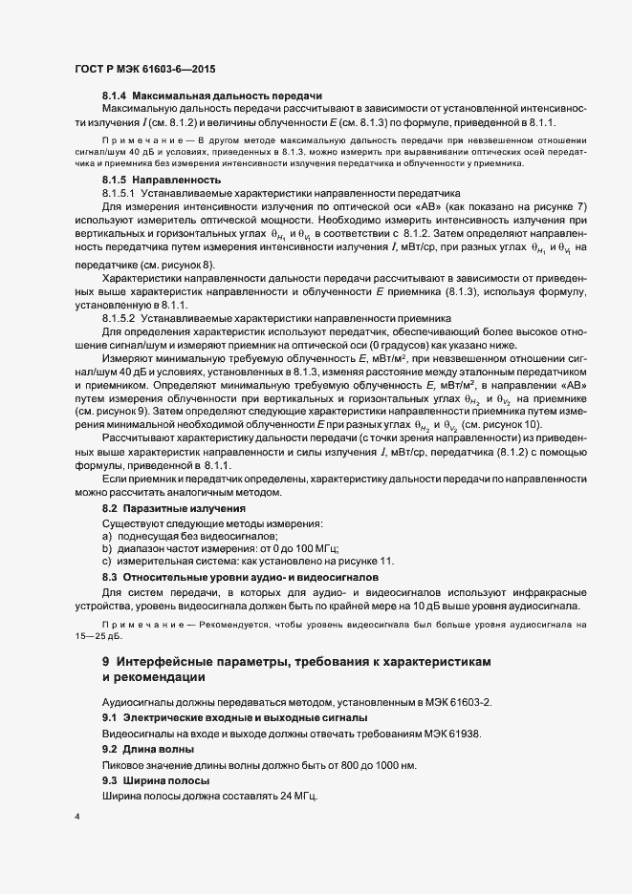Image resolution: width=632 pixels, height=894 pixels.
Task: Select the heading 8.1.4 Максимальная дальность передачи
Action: coord(212,96)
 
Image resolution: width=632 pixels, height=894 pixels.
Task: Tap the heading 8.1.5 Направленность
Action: coord(162,179)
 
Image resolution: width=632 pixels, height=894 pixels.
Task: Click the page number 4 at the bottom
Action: coord(76,818)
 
